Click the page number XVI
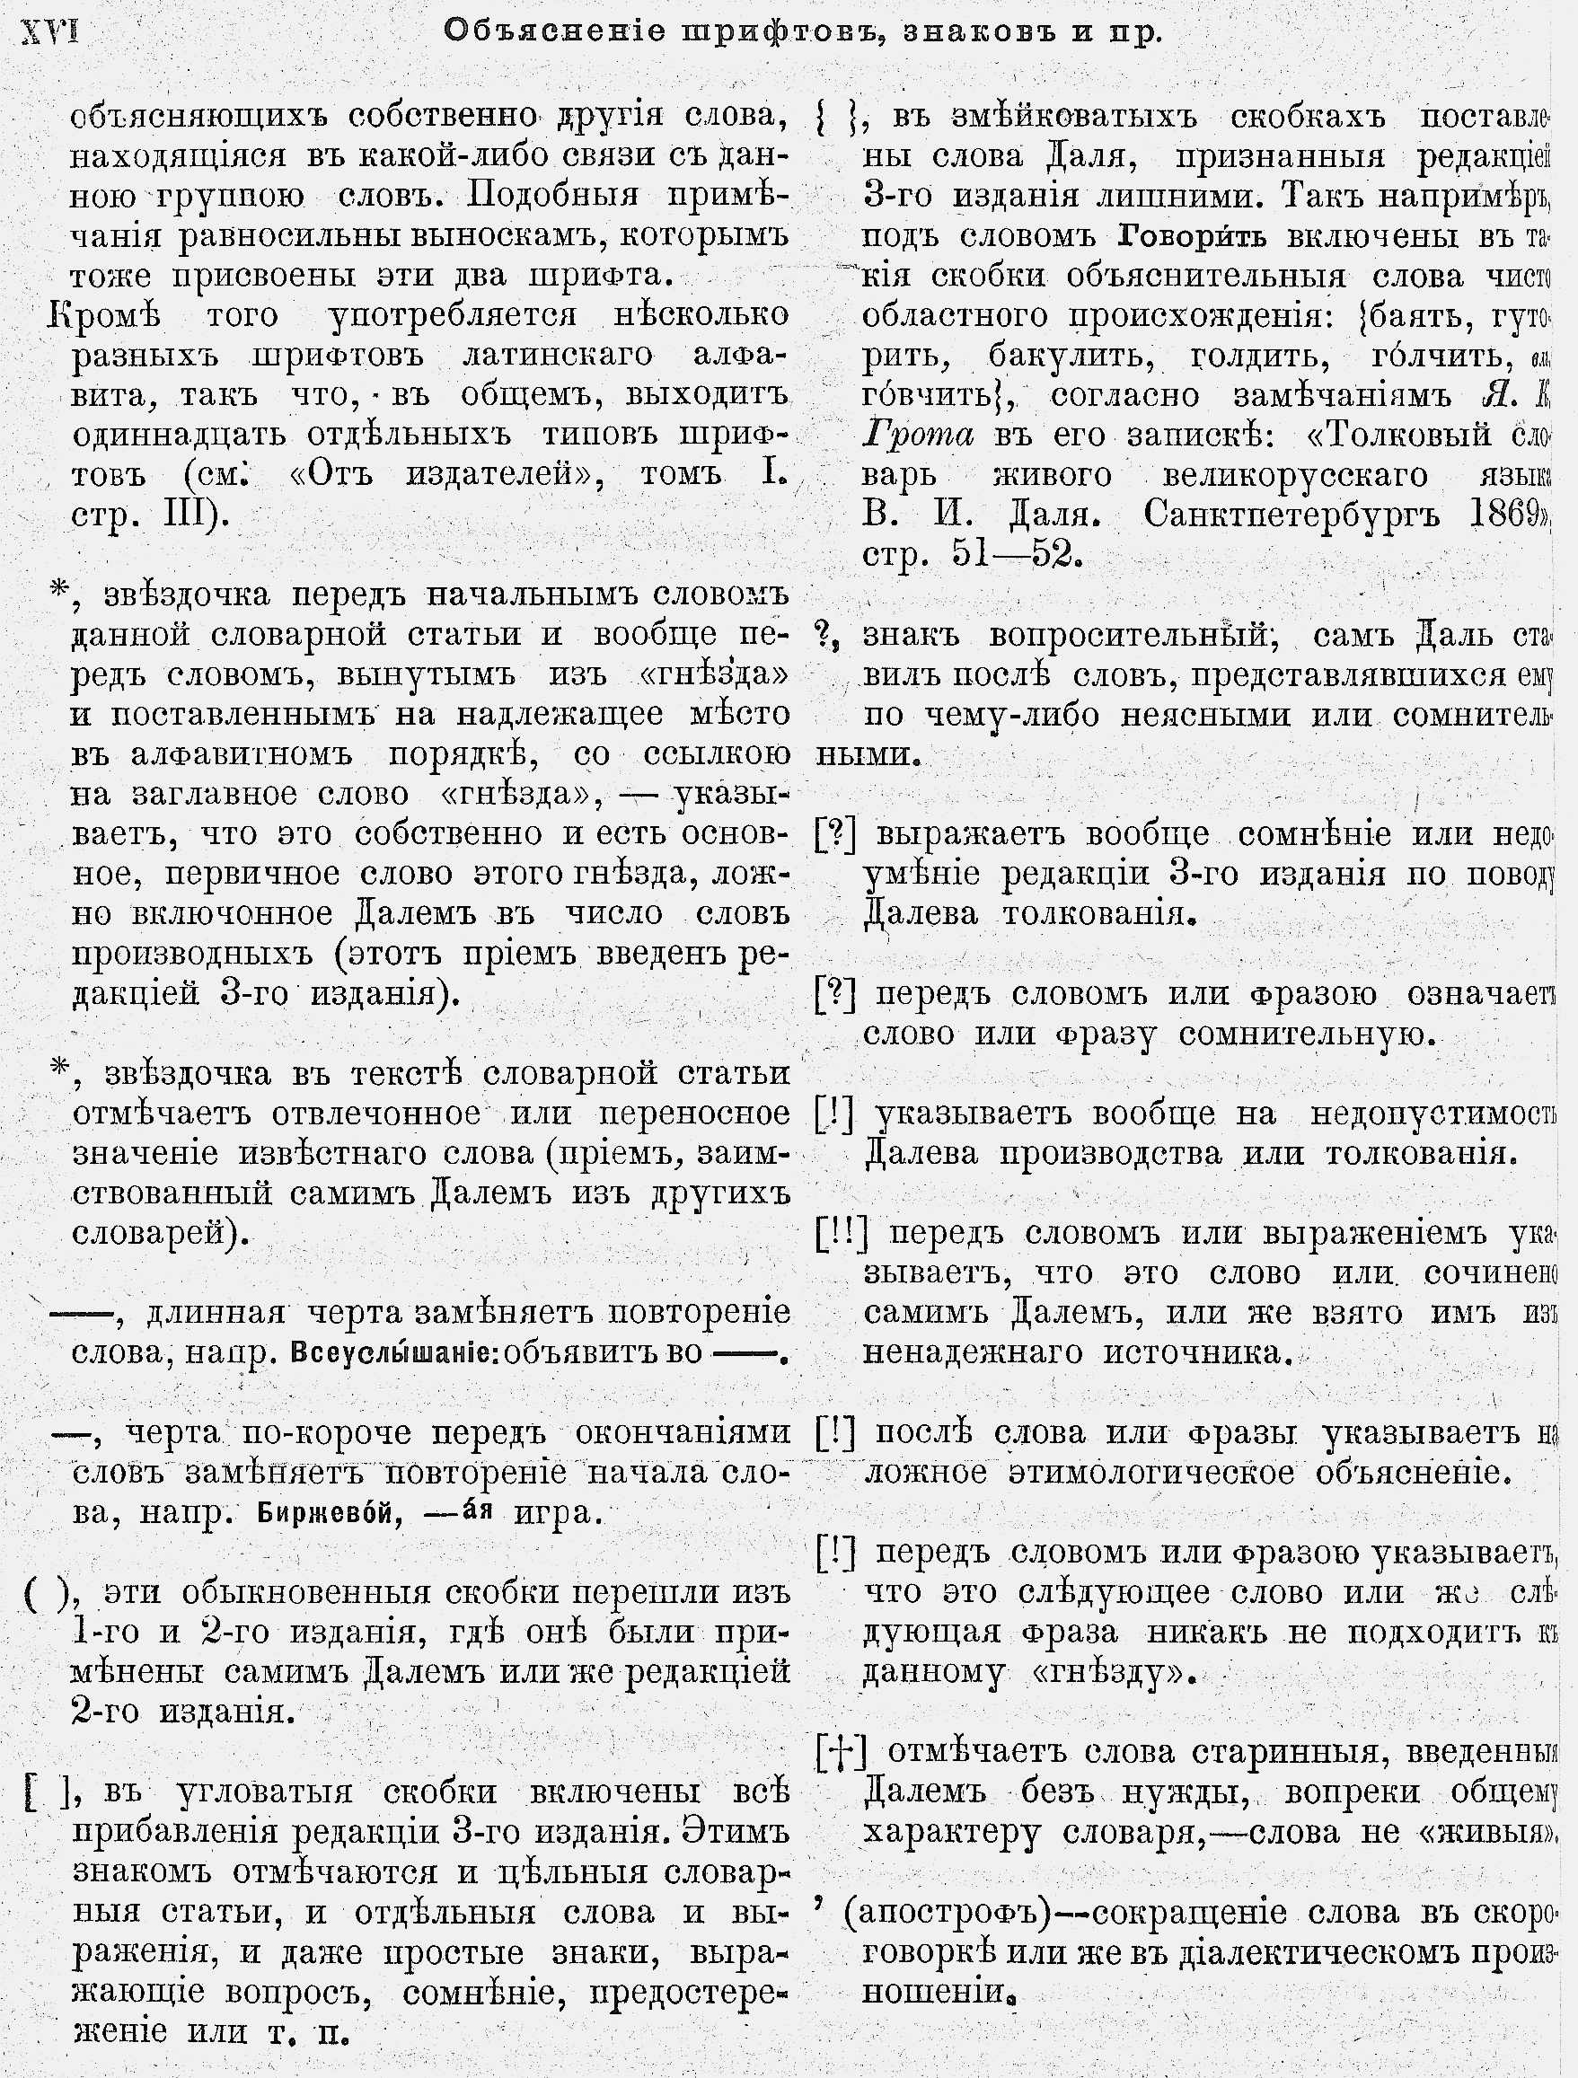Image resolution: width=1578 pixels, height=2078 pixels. (x=49, y=32)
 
